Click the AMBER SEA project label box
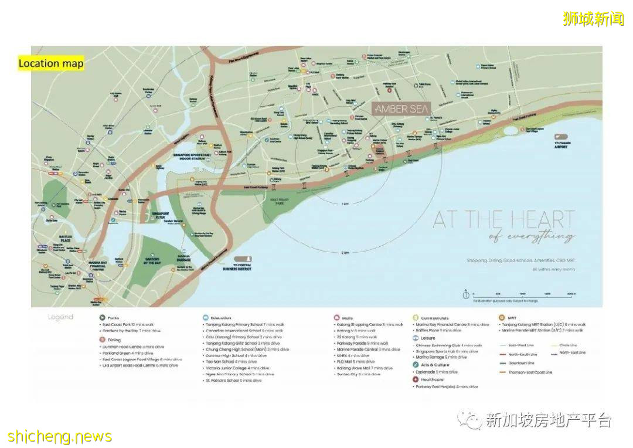[x=402, y=109]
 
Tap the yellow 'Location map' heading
[x=51, y=63]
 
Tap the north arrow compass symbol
[x=465, y=294]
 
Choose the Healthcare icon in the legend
[x=415, y=379]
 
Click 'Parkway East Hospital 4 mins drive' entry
[x=447, y=386]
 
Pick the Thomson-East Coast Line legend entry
[x=530, y=372]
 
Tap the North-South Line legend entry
[x=521, y=354]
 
